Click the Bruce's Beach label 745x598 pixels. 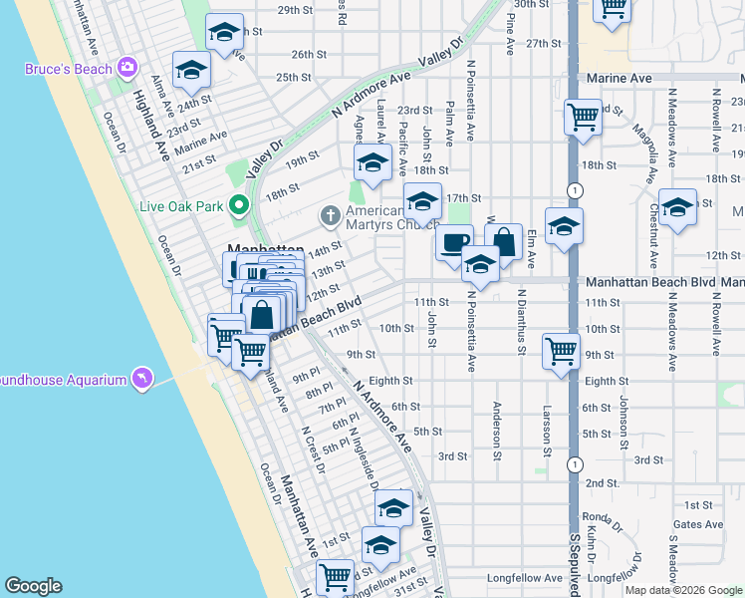(x=68, y=69)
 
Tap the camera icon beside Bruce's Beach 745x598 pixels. (x=126, y=68)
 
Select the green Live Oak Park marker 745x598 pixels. (x=238, y=206)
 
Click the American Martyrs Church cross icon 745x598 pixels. (x=330, y=214)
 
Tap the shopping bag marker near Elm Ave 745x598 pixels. (x=504, y=241)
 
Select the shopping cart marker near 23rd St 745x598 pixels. (x=583, y=116)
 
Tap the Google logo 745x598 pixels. (x=33, y=586)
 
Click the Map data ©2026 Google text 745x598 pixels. (x=684, y=590)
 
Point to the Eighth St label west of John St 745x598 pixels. (x=390, y=381)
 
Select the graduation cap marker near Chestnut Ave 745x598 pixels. (x=677, y=208)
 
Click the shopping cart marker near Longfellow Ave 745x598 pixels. (x=336, y=576)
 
